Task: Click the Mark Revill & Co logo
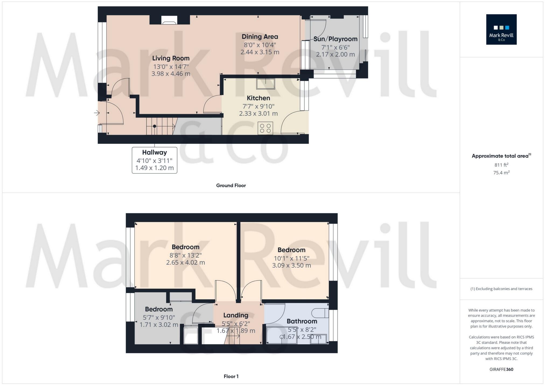(x=501, y=29)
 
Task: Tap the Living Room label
(x=171, y=58)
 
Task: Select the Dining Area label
(x=260, y=37)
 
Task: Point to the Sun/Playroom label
(x=335, y=39)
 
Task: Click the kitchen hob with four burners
(x=265, y=128)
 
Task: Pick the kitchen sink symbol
(x=265, y=84)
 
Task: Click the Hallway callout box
(x=154, y=160)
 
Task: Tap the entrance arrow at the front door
(x=97, y=113)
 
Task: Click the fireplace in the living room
(x=169, y=20)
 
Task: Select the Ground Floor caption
(x=231, y=185)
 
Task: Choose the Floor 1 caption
(x=231, y=376)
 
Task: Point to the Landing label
(x=236, y=315)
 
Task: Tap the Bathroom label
(x=302, y=321)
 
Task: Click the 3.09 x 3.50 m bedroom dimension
(x=291, y=265)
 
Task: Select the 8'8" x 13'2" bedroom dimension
(x=185, y=255)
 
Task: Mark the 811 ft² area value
(x=501, y=165)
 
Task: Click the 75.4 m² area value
(x=501, y=173)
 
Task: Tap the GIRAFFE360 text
(x=501, y=369)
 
